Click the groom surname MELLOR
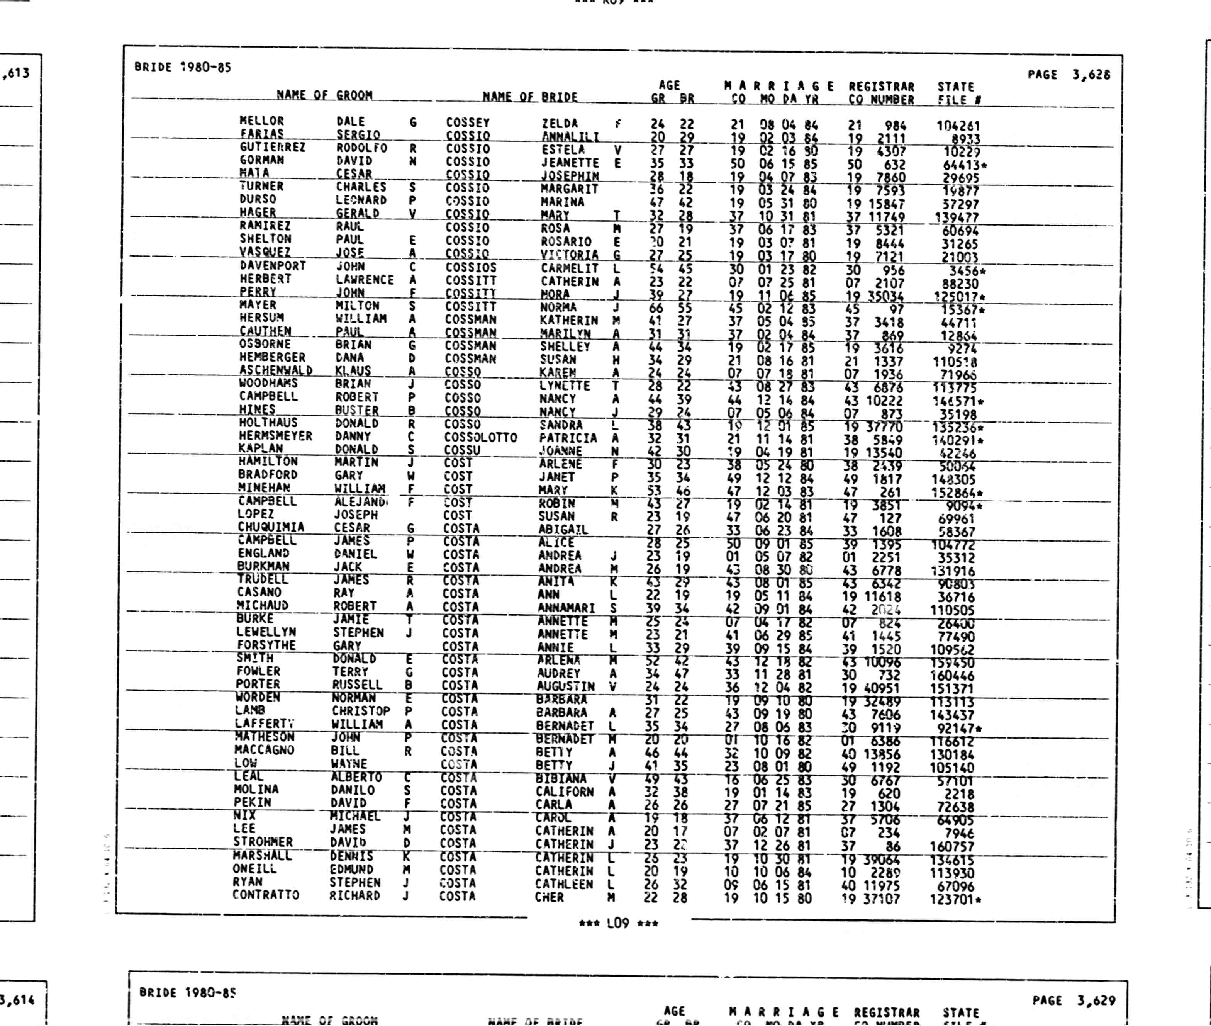click(261, 121)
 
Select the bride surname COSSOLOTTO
click(481, 437)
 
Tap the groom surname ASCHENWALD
click(276, 370)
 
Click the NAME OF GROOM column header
click(324, 95)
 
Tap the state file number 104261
click(958, 126)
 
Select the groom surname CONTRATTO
click(266, 895)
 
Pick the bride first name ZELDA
click(560, 123)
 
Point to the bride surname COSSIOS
click(471, 268)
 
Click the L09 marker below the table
click(618, 923)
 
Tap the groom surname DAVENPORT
click(273, 266)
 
